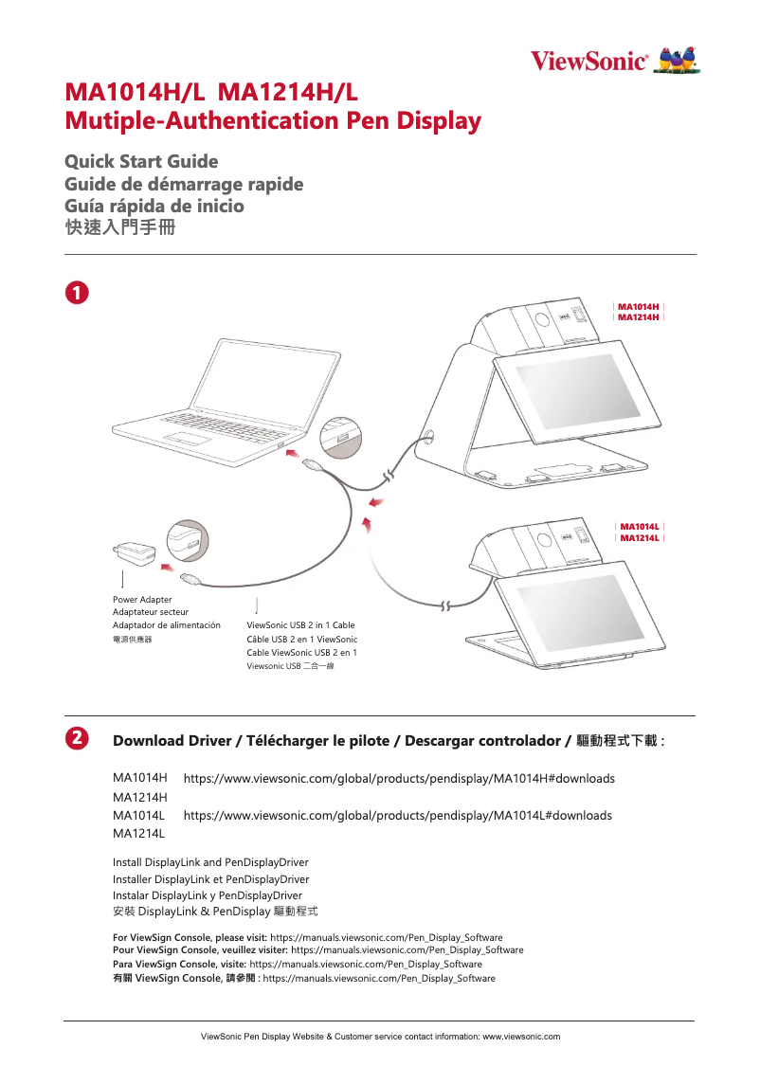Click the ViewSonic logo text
[x=588, y=62]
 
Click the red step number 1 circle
[x=76, y=291]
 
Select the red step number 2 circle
[x=76, y=737]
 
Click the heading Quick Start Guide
[x=141, y=161]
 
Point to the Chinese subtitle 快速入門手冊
[x=119, y=228]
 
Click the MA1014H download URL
[x=399, y=779]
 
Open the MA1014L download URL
[x=397, y=816]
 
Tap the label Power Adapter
[x=142, y=600]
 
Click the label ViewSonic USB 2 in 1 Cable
[x=300, y=625]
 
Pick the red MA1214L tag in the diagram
[x=640, y=538]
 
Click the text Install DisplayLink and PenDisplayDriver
[x=210, y=862]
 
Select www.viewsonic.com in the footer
[x=521, y=1037]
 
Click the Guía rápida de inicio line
[x=154, y=206]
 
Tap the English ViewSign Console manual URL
[x=387, y=937]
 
